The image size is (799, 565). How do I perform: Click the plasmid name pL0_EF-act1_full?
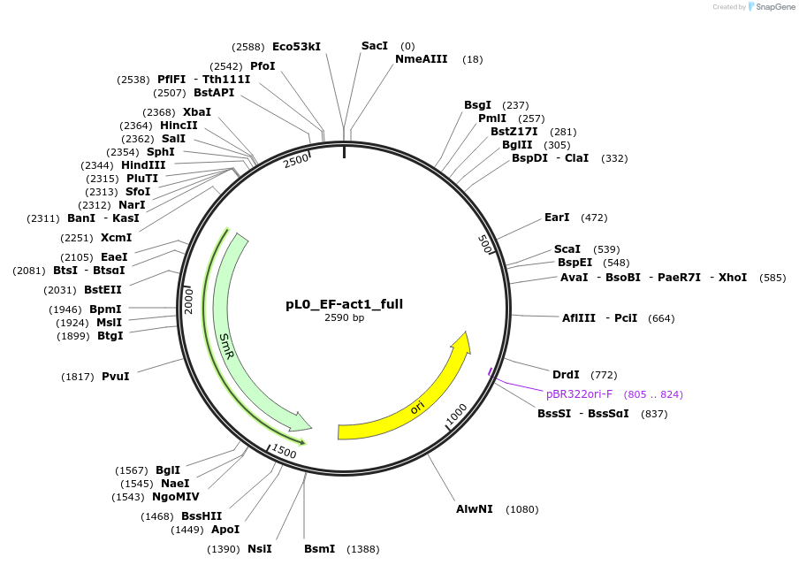[x=344, y=304]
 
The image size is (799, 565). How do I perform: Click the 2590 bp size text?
[x=344, y=317]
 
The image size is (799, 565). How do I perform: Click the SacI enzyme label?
[x=375, y=46]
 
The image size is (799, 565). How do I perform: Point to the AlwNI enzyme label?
[x=475, y=509]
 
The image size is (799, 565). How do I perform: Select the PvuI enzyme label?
[x=115, y=377]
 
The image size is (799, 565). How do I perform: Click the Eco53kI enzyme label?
[x=296, y=46]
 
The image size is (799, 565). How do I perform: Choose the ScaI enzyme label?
[x=567, y=249]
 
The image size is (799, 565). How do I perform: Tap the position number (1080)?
[x=521, y=509]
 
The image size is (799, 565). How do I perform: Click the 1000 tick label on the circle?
[x=457, y=414]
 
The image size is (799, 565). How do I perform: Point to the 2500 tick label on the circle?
[x=296, y=159]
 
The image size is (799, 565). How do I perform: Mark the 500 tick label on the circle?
[x=485, y=245]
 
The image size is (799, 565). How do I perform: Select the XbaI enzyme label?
[x=197, y=112]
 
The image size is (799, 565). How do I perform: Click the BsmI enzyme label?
[x=319, y=549]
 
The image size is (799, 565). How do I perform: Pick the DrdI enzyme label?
[x=566, y=375]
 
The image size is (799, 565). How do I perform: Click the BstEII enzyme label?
[x=103, y=289]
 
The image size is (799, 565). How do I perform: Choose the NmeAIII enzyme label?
[x=421, y=59]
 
